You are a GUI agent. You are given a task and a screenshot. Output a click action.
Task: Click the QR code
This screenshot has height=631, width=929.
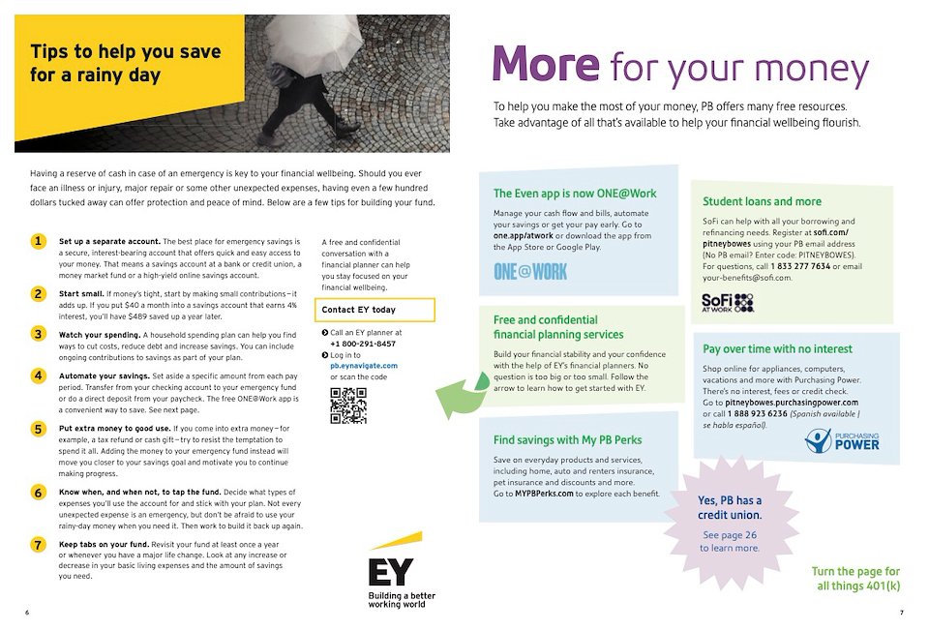point(348,405)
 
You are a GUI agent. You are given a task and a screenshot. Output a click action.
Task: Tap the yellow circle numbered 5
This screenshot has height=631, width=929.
point(38,429)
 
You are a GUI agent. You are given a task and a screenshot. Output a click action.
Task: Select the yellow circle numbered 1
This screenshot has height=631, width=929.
point(38,241)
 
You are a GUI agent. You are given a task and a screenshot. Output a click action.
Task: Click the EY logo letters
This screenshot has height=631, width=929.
point(389,571)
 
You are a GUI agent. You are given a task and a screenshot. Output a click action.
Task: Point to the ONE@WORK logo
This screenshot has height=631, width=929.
point(530,271)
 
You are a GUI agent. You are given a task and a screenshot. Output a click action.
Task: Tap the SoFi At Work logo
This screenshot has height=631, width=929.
point(727,303)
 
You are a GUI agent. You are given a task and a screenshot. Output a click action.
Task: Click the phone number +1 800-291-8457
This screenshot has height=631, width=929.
point(363,344)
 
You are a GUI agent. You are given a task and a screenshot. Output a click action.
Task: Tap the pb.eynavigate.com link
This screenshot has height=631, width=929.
point(364,367)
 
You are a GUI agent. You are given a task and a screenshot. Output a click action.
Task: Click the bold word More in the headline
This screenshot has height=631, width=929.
point(545,65)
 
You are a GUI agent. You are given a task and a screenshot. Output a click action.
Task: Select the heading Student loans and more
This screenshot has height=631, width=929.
point(762,201)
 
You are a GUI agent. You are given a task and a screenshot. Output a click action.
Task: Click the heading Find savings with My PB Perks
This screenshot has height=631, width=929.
point(567,439)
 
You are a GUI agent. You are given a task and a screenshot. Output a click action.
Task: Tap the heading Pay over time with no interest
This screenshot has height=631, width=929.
point(778,348)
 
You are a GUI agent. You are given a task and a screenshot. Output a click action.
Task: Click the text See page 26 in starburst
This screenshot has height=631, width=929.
point(730,534)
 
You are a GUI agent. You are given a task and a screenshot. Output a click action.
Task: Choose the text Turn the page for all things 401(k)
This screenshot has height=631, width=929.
point(855,579)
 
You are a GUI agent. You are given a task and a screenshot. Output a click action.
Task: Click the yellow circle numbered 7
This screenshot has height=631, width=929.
point(38,545)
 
